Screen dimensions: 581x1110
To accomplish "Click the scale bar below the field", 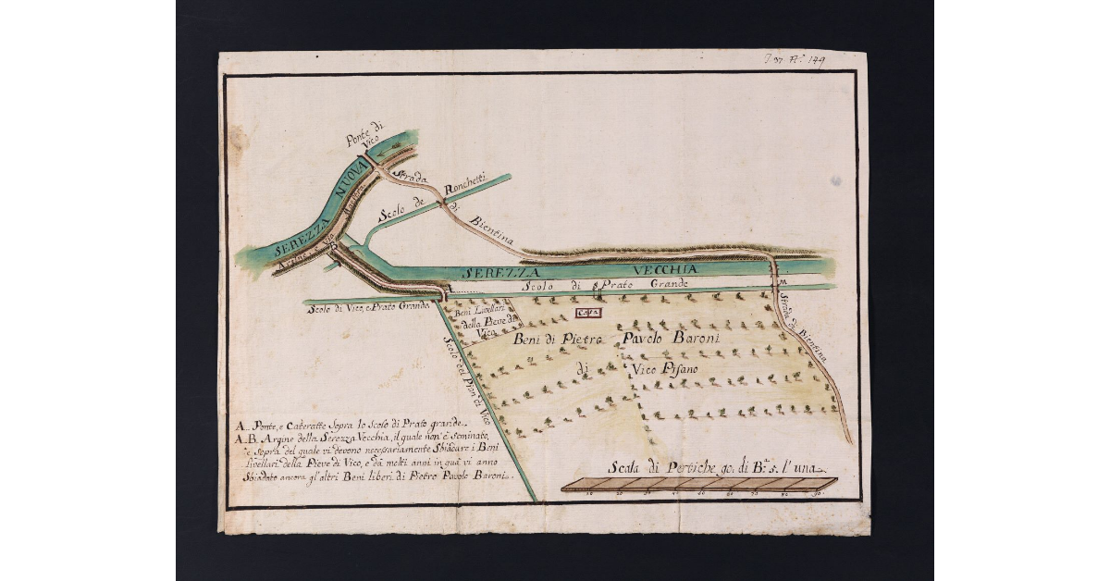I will (699, 484).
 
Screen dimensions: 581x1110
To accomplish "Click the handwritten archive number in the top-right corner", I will (795, 60).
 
